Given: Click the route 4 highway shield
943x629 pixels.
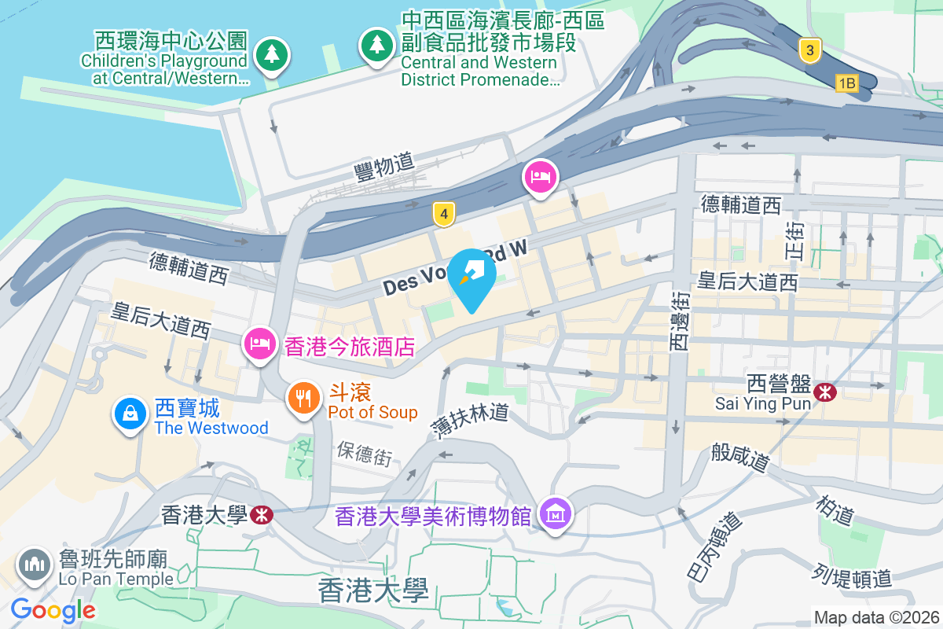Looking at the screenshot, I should click(x=444, y=214).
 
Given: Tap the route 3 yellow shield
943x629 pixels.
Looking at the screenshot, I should click(x=809, y=52).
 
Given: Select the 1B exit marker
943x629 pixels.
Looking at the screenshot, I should click(x=846, y=83).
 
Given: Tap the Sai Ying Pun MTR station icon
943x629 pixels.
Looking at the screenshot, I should click(x=825, y=391).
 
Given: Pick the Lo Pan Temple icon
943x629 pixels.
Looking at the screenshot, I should click(x=34, y=565).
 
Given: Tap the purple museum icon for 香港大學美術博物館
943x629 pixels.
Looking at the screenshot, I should click(x=556, y=515).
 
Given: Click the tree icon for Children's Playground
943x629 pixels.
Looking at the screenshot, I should click(x=272, y=54).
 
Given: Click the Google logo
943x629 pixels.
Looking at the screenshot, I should click(x=53, y=609).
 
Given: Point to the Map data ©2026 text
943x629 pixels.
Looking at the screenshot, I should click(x=875, y=617).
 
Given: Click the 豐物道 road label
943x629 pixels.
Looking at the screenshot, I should click(x=384, y=164).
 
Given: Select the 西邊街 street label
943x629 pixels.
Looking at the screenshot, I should click(x=679, y=320).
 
